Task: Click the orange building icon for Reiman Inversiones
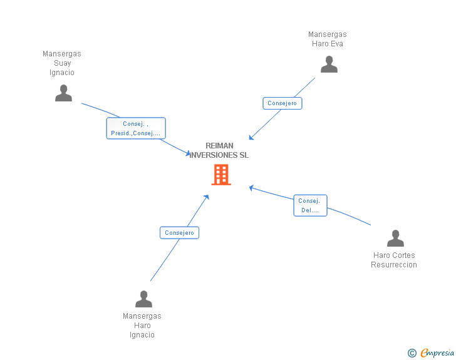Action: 221,175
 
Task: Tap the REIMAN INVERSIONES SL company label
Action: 219,150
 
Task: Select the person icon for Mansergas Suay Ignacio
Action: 63,93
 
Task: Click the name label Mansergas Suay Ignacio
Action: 62,63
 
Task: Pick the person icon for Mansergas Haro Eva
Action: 329,64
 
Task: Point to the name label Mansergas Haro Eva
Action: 328,39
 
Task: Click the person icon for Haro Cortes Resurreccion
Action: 395,239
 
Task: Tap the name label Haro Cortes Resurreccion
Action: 394,260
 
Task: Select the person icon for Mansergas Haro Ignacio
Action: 143,299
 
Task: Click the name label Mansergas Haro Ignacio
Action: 142,326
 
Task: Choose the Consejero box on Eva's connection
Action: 282,103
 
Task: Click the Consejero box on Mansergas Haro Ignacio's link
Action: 179,233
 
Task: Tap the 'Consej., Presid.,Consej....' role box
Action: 136,128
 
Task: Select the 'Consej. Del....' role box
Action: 310,205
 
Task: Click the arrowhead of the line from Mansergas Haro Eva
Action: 251,138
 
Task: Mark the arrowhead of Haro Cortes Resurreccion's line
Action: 251,187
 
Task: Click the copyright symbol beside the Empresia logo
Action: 412,354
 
